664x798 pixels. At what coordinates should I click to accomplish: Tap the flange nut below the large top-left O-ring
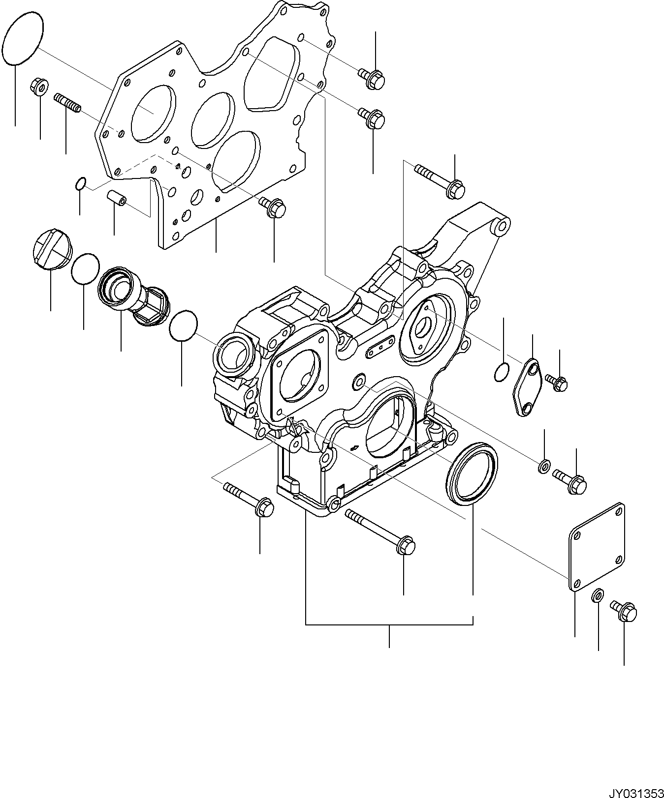39,88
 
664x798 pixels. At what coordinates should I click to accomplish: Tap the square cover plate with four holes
597,546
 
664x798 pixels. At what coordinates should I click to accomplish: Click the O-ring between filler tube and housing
183,325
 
